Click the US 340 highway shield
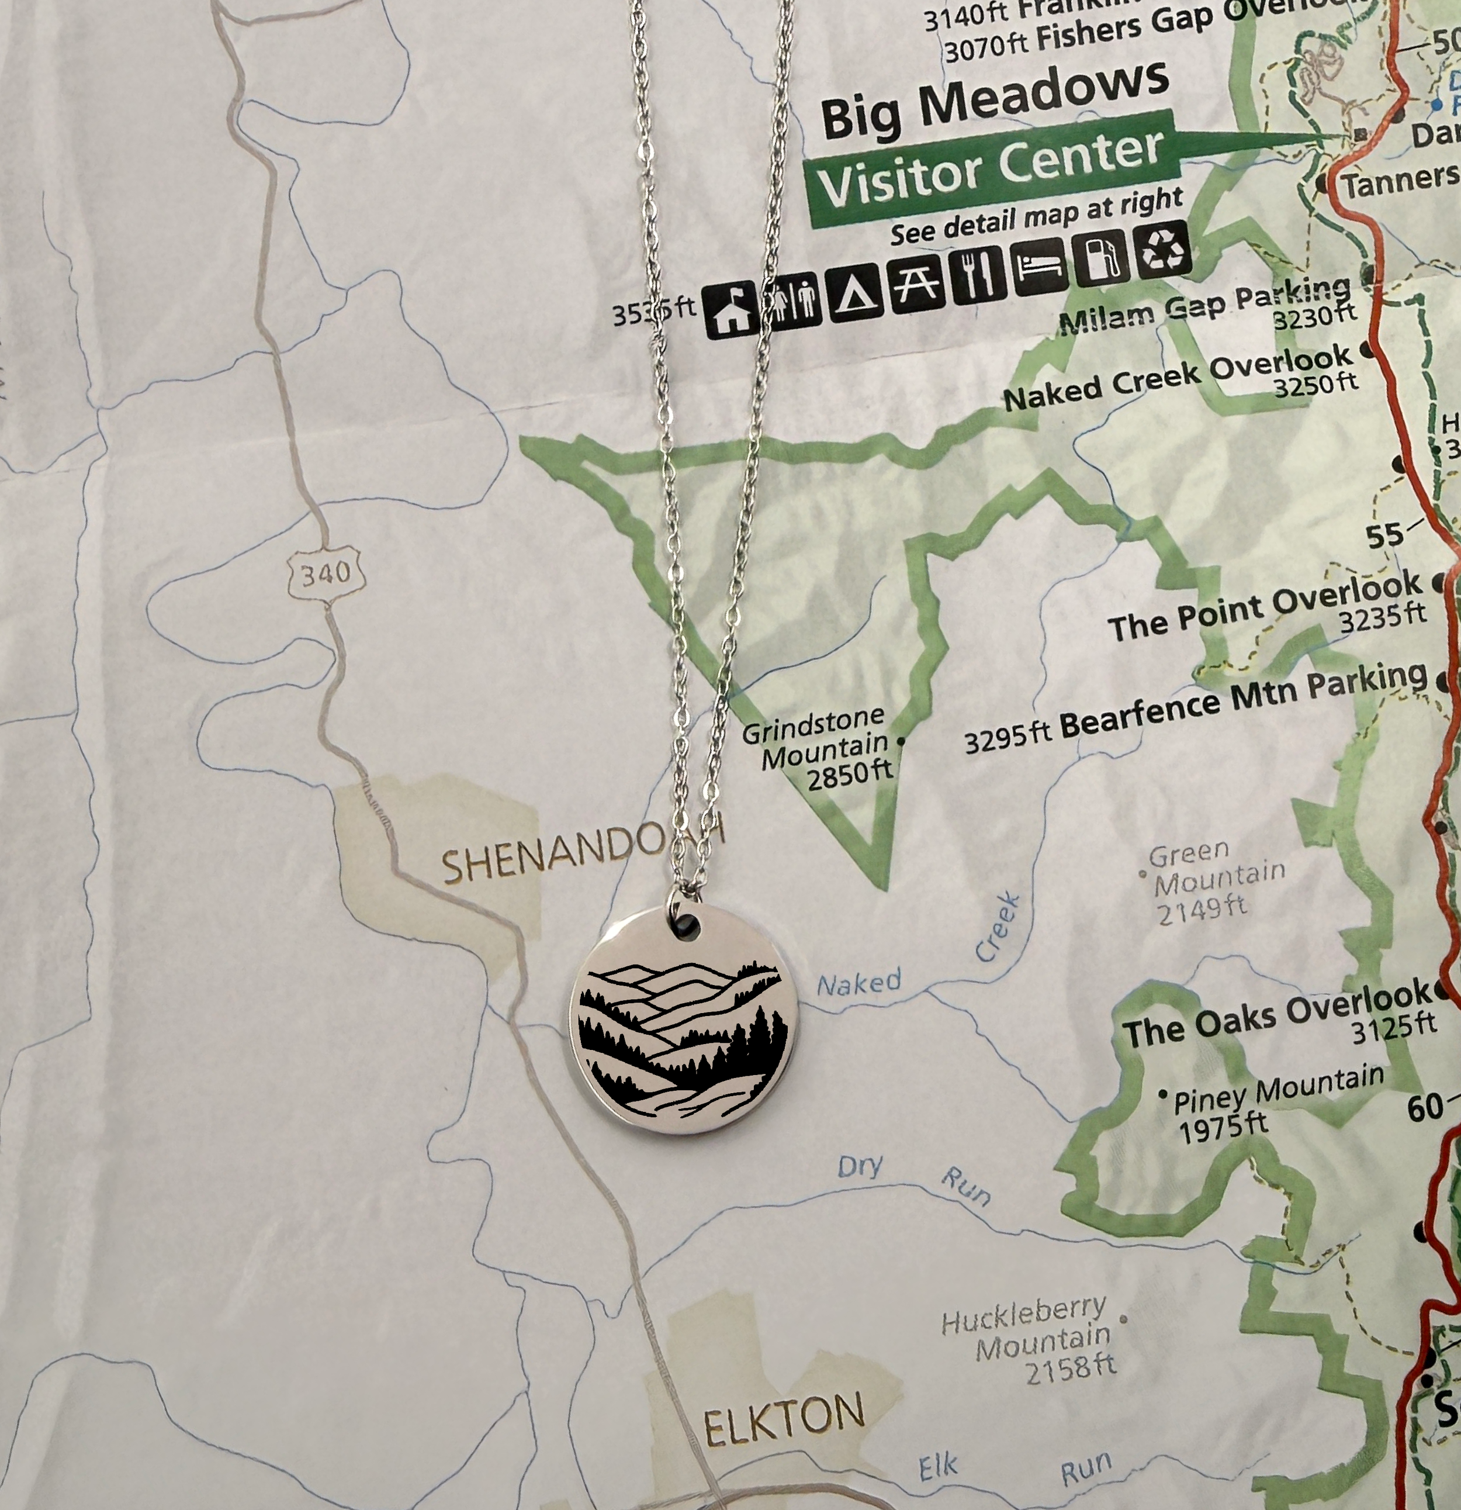(322, 573)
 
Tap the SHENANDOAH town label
(581, 851)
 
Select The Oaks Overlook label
(1279, 1015)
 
